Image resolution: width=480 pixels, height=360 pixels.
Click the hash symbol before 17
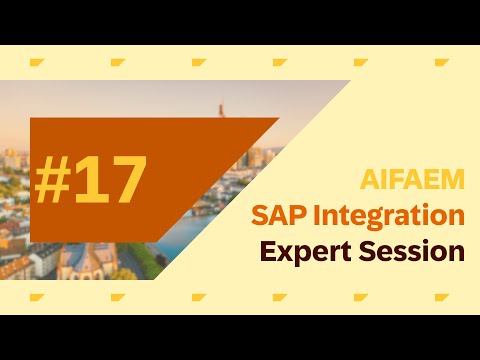(x=56, y=180)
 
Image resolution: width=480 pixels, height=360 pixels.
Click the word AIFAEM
(x=412, y=181)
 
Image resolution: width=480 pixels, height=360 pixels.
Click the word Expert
(x=302, y=250)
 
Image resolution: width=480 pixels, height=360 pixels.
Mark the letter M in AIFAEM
(x=452, y=181)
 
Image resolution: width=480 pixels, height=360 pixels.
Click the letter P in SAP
(x=295, y=215)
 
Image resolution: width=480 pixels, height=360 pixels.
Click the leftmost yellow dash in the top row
(x=37, y=63)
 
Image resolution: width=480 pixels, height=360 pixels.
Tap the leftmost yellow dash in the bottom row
(x=37, y=297)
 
